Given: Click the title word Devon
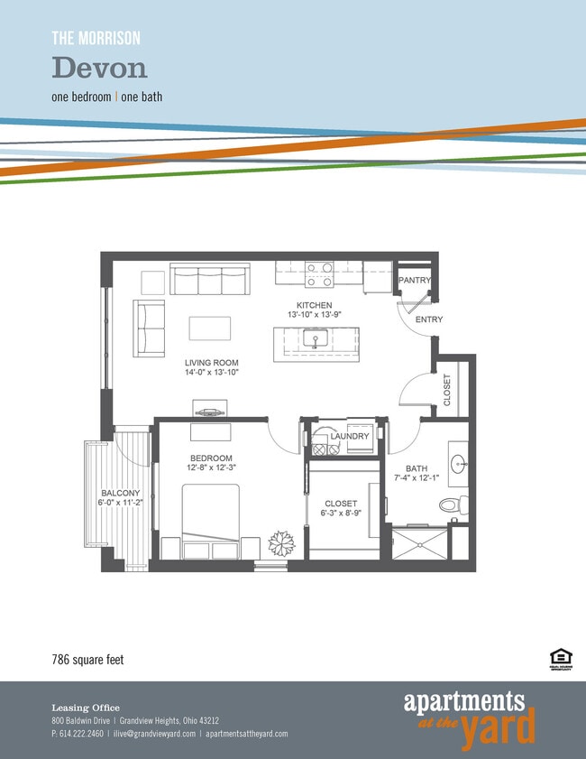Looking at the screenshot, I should point(99,67).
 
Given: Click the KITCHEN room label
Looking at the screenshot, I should point(310,305).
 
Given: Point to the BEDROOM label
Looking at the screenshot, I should point(210,458).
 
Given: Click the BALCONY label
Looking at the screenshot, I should point(120,492).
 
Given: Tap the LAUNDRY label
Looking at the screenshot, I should point(349,437).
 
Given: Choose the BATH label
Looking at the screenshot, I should point(417,468).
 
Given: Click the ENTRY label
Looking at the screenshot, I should point(428,319).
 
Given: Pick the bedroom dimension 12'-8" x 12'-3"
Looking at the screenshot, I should point(211,468).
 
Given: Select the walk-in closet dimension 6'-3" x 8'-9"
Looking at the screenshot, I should point(339,514).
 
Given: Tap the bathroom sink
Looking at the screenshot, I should point(458,466).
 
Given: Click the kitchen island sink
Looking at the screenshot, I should point(315,339).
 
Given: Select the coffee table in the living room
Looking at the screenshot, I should point(210,328).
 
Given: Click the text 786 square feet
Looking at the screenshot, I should point(87,660).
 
